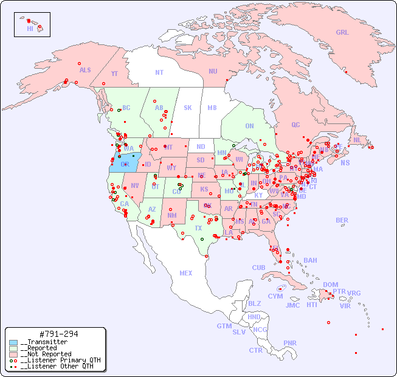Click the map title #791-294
[x=58, y=334]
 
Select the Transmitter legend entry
[x=43, y=342]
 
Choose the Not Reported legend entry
[x=45, y=354]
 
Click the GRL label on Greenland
[x=342, y=32]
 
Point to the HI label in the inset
[x=30, y=29]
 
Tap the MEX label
[x=186, y=273]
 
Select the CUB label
[x=258, y=268]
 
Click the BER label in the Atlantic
[x=342, y=220]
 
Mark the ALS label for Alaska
[x=85, y=70]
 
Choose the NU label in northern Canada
[x=213, y=71]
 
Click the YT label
[x=114, y=74]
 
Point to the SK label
[x=188, y=108]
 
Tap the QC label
[x=295, y=125]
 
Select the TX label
[x=198, y=228]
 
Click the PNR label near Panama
[x=290, y=343]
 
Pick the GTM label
[x=224, y=326]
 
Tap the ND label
[x=201, y=147]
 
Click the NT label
[x=159, y=72]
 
